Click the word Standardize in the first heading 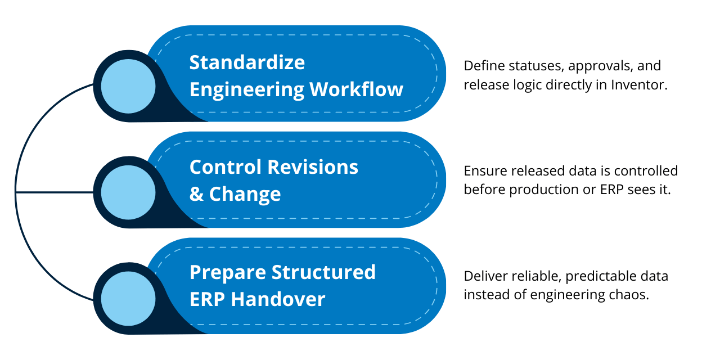[247, 62]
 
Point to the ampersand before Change [196, 194]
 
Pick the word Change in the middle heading [245, 194]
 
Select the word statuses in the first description [534, 66]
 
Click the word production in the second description [543, 190]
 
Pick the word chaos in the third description [632, 295]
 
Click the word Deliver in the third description [483, 276]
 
